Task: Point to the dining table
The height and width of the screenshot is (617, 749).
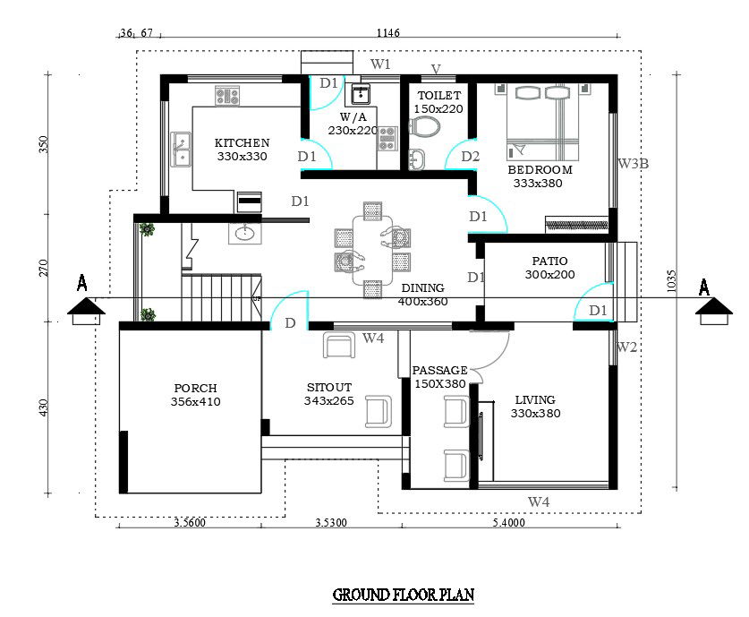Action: (371, 249)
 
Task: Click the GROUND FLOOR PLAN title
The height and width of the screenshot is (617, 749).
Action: (403, 595)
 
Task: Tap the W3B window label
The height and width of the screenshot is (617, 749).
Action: (634, 164)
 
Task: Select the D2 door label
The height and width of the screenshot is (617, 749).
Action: (471, 157)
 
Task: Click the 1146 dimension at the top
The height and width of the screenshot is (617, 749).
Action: (387, 33)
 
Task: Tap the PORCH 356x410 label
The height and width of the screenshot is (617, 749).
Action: (195, 395)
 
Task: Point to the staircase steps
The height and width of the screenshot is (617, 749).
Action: (219, 297)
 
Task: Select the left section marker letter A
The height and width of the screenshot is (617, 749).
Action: (82, 284)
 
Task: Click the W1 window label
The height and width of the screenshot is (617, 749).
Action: (381, 64)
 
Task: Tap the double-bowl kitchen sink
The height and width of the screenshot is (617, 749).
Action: (182, 149)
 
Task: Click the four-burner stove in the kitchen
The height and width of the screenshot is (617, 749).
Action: (226, 95)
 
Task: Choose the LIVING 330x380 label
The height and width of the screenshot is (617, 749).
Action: (534, 407)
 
